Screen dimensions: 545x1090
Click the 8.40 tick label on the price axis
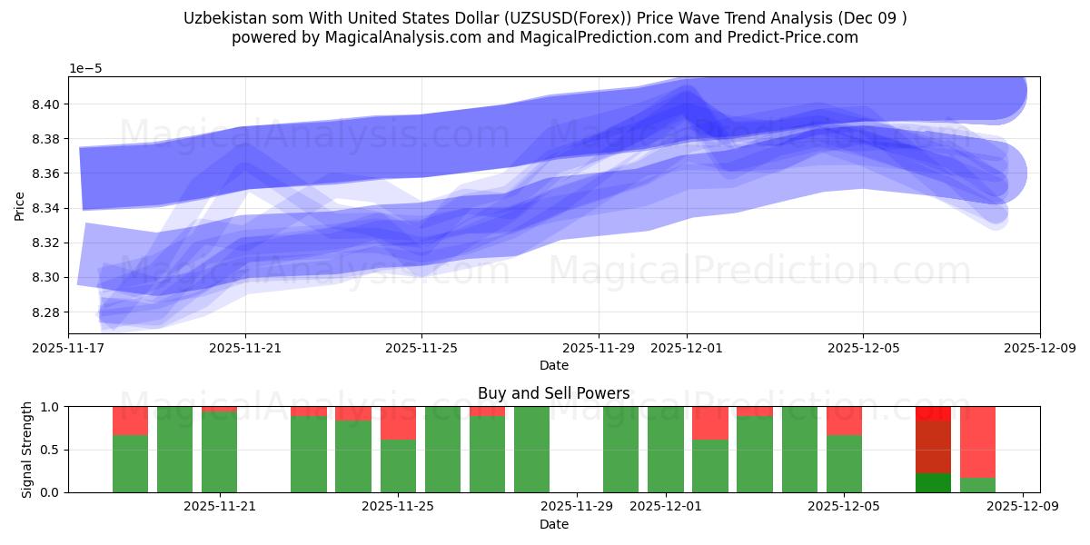(x=47, y=104)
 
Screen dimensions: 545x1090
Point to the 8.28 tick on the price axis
(x=47, y=312)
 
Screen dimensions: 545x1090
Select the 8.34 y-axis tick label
(x=47, y=209)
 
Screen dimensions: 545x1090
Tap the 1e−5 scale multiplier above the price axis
(x=87, y=69)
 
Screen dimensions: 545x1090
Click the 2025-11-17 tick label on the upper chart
(x=69, y=347)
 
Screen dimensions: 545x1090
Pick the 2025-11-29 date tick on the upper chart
(x=599, y=347)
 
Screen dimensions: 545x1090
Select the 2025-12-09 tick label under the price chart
(x=1039, y=347)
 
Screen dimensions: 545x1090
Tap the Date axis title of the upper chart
(x=553, y=365)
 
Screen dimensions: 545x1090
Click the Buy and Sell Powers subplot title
(x=553, y=393)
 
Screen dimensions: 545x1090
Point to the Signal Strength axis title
(x=27, y=449)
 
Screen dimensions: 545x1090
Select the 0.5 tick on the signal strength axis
(x=51, y=450)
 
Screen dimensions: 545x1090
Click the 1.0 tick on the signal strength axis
(x=51, y=407)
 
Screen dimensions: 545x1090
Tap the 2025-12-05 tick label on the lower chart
(x=845, y=506)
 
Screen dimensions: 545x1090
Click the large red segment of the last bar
(x=977, y=441)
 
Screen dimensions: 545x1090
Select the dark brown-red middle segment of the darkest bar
(x=933, y=446)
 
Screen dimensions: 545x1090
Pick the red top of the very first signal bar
(x=130, y=421)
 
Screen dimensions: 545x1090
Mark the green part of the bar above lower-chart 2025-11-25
(x=398, y=466)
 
